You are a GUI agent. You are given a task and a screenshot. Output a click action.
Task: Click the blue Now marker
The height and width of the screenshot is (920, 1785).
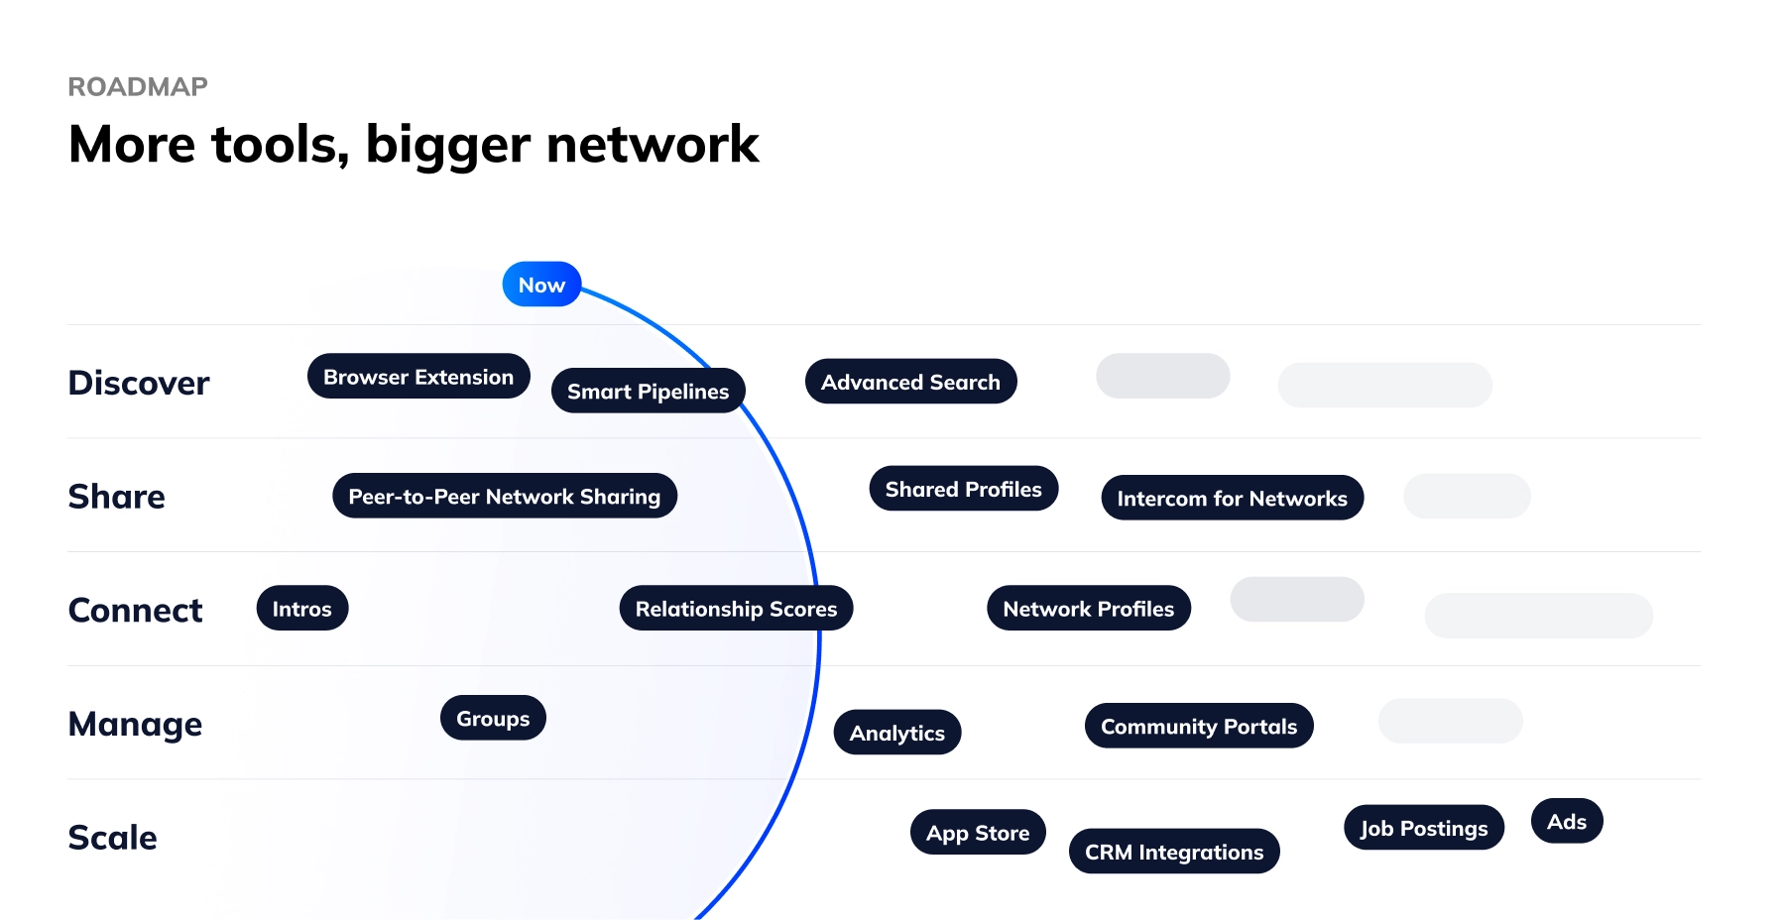click(x=541, y=285)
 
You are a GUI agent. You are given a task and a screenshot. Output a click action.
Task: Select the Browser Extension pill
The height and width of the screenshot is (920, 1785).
click(x=418, y=377)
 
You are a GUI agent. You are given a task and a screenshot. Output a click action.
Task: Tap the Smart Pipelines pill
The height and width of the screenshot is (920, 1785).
click(x=648, y=392)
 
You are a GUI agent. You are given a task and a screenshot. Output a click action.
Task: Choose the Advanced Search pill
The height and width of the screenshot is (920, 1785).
click(x=910, y=382)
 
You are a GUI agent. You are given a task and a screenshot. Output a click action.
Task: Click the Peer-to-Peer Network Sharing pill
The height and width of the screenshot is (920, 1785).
click(x=504, y=496)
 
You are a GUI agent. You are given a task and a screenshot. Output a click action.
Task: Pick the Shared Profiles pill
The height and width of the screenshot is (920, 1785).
click(x=963, y=489)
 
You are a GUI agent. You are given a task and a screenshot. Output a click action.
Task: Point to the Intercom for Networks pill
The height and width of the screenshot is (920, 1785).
click(x=1232, y=498)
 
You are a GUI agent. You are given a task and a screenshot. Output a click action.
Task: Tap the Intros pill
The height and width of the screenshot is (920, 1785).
click(x=301, y=609)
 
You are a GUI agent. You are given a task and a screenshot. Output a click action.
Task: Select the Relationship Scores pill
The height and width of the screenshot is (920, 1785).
click(x=736, y=609)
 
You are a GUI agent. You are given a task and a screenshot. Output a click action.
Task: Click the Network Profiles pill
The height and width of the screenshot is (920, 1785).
click(x=1088, y=609)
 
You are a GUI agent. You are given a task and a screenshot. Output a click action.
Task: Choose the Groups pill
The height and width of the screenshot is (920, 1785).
click(x=493, y=719)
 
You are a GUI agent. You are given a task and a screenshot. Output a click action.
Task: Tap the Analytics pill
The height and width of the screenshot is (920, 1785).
click(x=896, y=733)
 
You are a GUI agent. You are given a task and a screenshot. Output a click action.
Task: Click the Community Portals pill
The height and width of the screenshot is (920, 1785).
click(x=1198, y=727)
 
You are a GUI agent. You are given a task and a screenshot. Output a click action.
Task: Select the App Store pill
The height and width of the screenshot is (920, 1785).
click(x=977, y=833)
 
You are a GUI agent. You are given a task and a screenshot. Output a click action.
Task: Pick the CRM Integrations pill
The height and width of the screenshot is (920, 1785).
click(x=1173, y=852)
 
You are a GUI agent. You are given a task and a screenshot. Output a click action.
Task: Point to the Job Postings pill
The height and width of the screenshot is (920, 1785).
click(x=1423, y=828)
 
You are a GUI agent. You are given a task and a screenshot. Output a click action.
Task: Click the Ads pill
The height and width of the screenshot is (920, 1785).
click(x=1566, y=822)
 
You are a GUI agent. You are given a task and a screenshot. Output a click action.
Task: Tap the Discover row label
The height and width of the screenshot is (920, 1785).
click(x=139, y=383)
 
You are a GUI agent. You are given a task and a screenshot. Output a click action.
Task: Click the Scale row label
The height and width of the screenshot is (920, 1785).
click(x=112, y=838)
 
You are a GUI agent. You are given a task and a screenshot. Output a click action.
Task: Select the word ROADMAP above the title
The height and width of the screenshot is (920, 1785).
click(x=138, y=87)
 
